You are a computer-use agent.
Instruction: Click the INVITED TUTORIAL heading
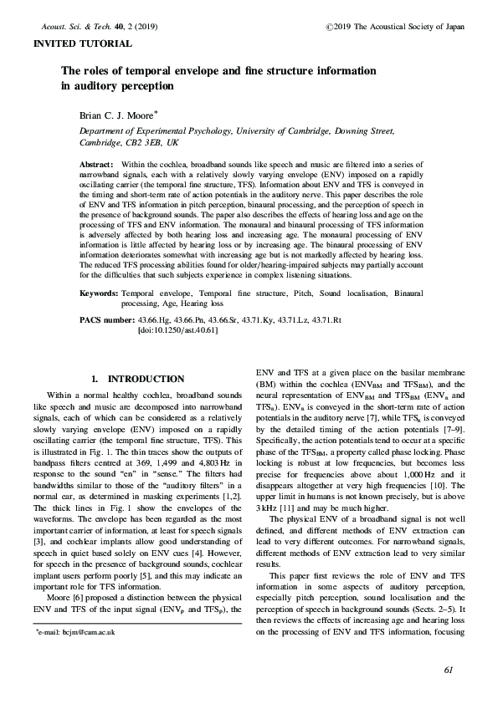pos(81,43)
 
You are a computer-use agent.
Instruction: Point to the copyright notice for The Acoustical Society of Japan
pos(404,27)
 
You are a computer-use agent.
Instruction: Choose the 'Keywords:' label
pos(98,294)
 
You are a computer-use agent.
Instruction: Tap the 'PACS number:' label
pos(107,320)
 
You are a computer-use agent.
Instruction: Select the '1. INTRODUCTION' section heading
pos(137,379)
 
